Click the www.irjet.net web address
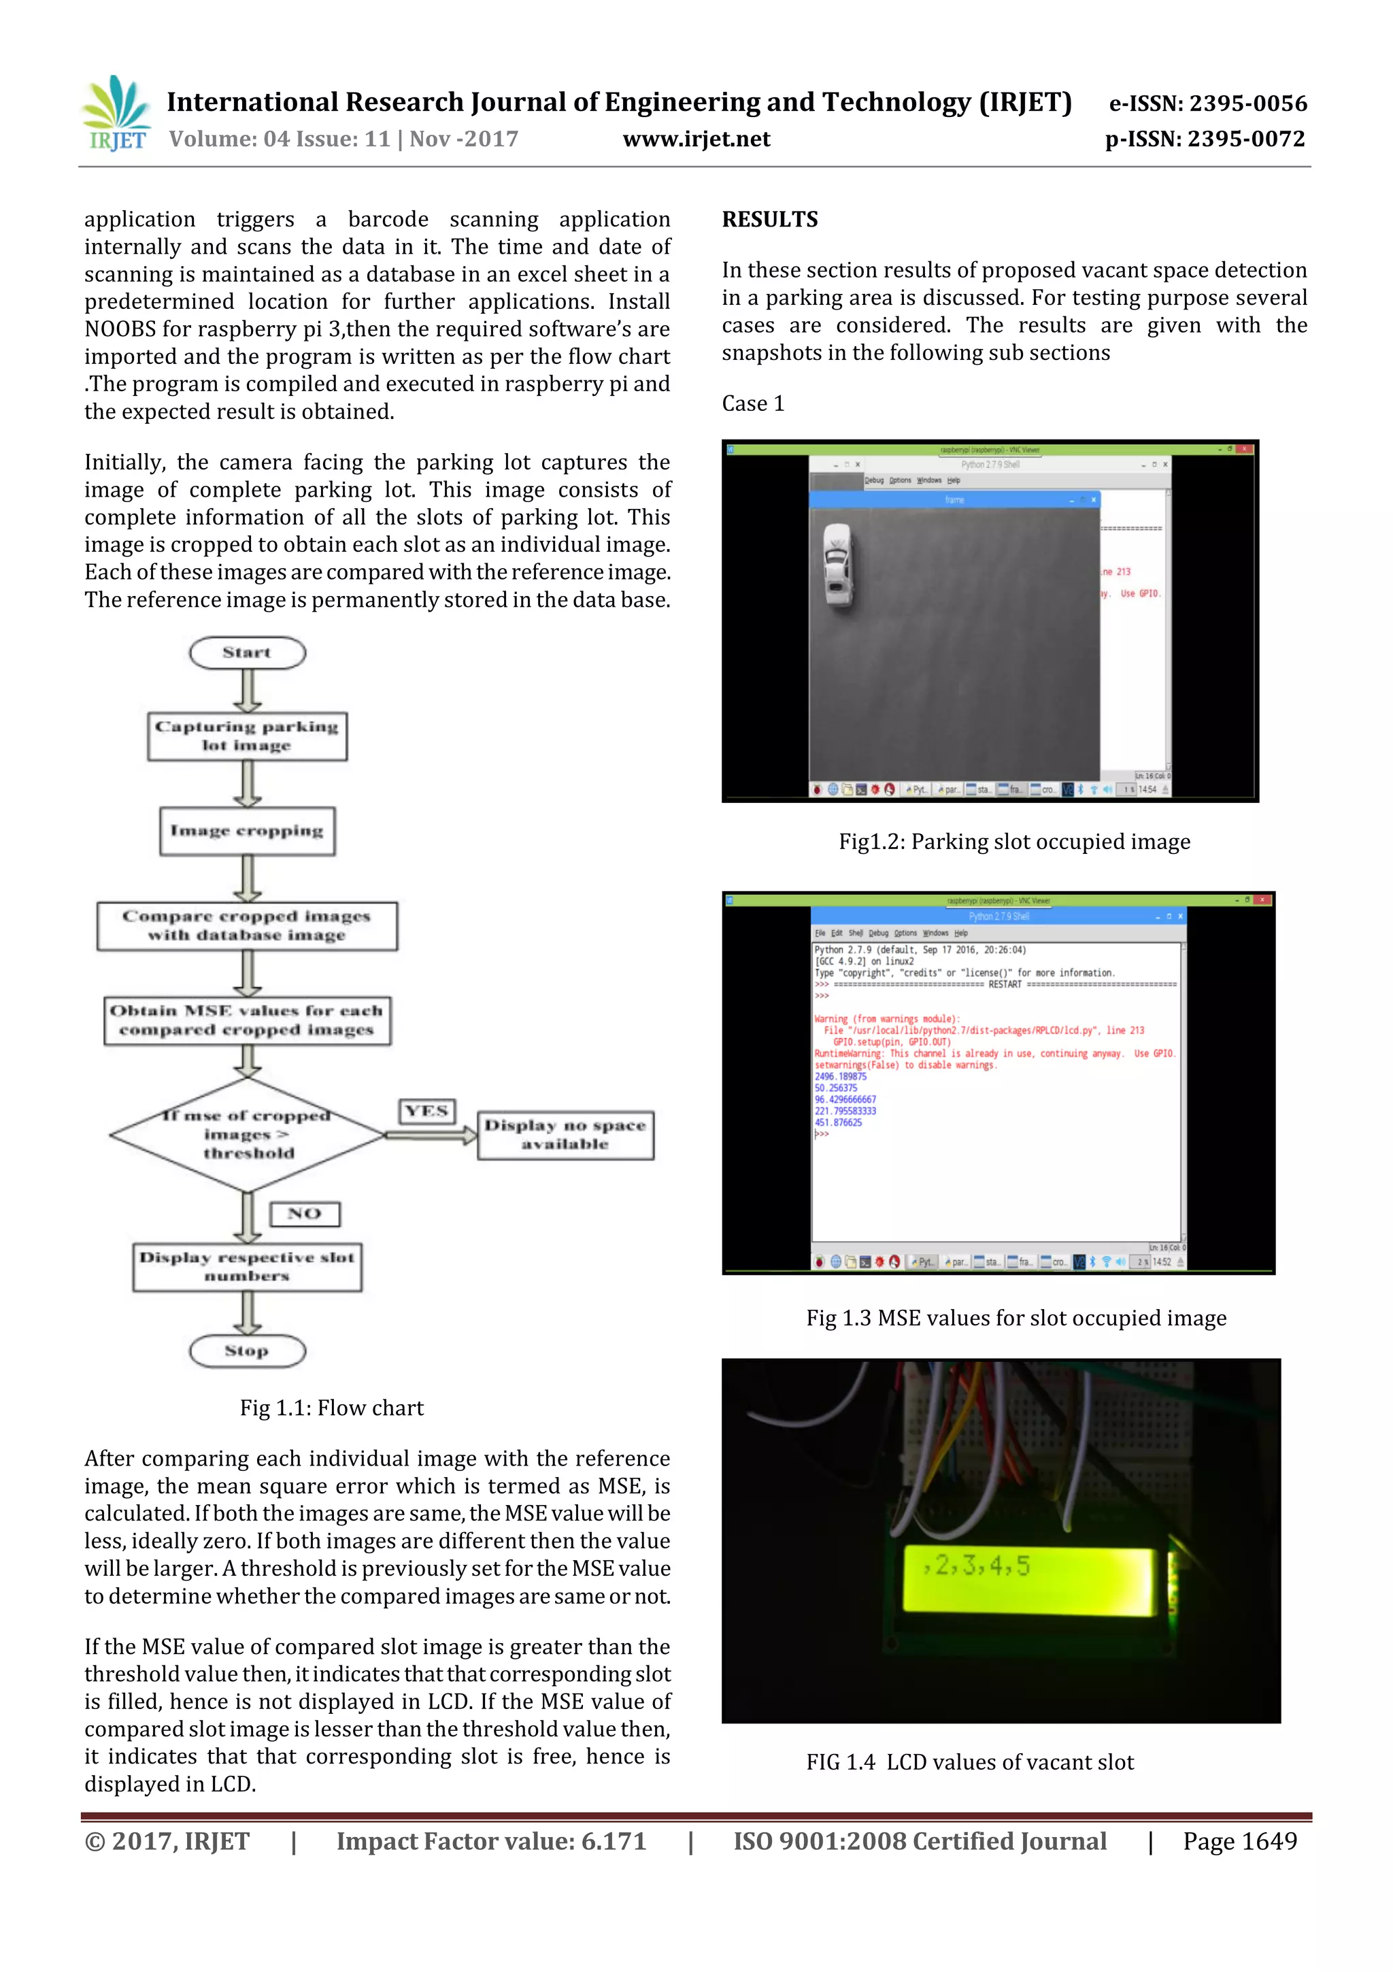pos(696,139)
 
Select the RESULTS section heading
pos(770,220)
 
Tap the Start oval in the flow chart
pos(247,652)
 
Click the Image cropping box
pos(247,831)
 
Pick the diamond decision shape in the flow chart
pos(247,1134)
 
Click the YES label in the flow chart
pos(426,1111)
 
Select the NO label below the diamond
pos(305,1214)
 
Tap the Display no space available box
pos(565,1135)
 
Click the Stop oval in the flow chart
pos(247,1351)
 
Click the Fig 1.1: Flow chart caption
pos(331,1408)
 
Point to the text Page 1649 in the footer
pos(1239,1841)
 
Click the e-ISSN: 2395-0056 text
pos(1207,104)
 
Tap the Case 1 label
pos(753,403)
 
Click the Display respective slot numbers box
pos(247,1267)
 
